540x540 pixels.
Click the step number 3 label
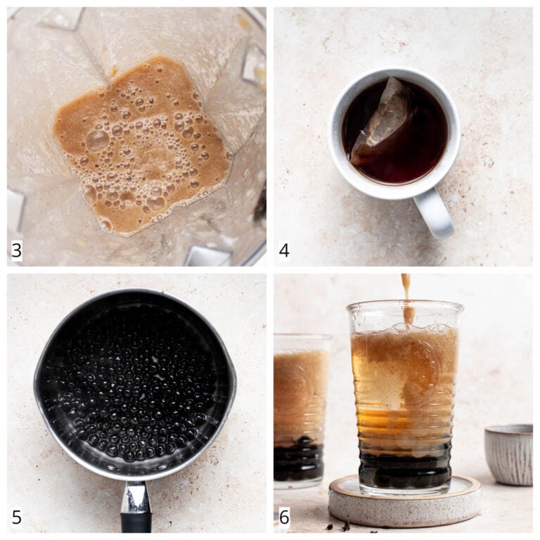16,250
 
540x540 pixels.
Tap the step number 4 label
284,250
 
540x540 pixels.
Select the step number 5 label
17,517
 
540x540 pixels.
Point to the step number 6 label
284,517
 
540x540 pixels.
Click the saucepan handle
136,506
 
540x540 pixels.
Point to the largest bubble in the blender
98,140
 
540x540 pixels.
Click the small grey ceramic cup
508,455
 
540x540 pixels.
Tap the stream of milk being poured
406,299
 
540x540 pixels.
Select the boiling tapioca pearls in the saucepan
134,389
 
